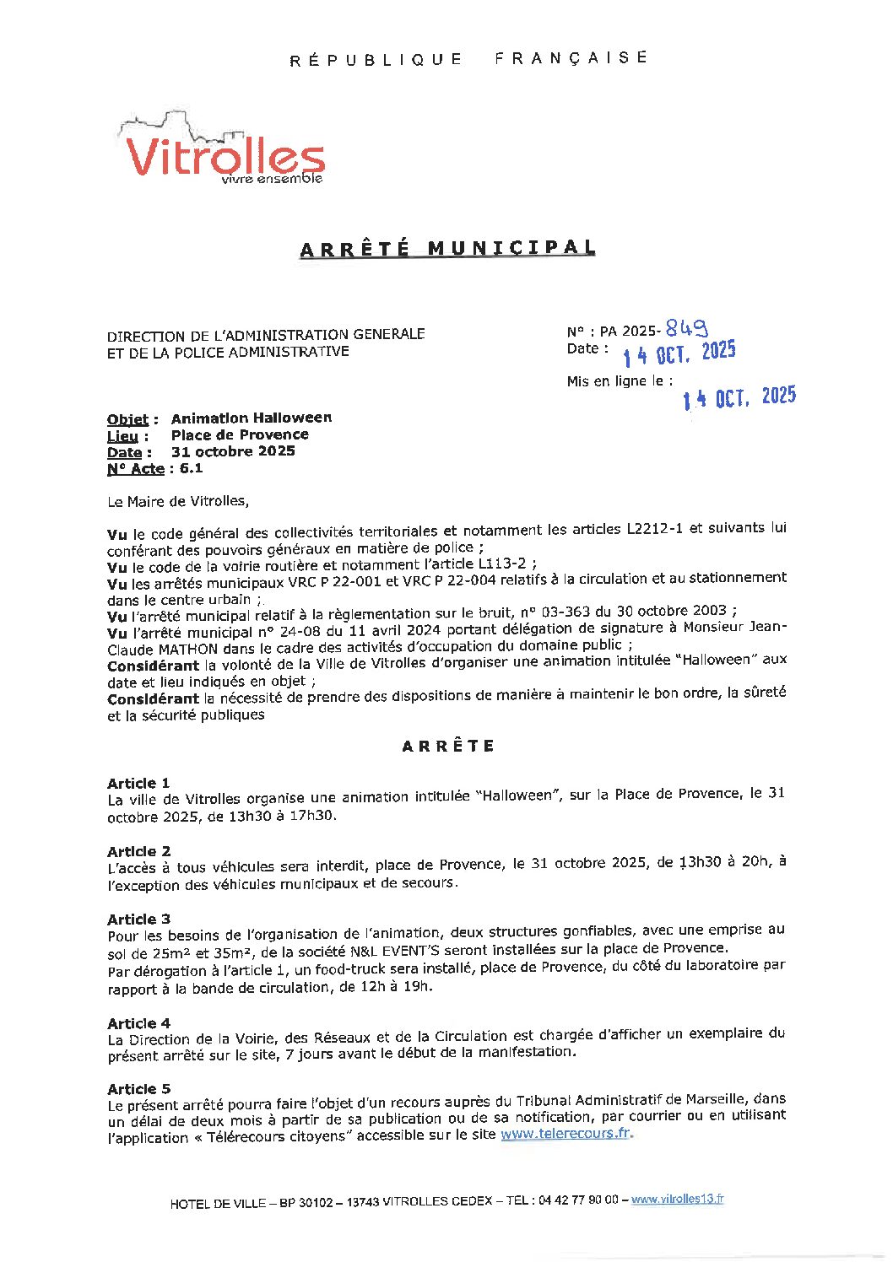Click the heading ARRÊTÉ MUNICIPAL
(447, 248)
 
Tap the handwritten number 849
(686, 328)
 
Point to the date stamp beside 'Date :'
(679, 353)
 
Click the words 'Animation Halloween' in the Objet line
(252, 418)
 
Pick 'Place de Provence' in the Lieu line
(240, 434)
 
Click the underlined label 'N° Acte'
(135, 469)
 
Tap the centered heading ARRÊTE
(447, 746)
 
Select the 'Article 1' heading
(138, 783)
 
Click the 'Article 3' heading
(138, 919)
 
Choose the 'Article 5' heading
(138, 1089)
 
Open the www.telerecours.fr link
(566, 1134)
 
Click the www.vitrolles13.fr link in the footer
(677, 1200)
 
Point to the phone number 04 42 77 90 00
(578, 1200)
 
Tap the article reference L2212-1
(655, 529)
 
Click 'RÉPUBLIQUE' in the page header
(376, 60)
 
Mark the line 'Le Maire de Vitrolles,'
(178, 501)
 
